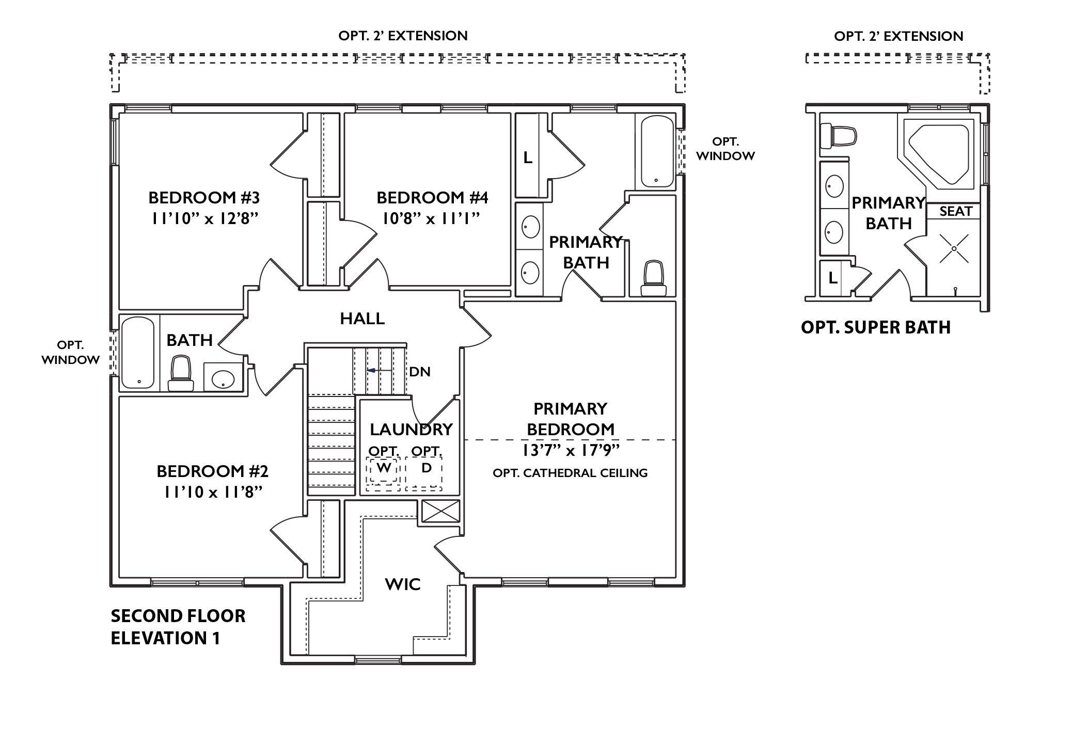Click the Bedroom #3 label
204,198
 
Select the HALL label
362,319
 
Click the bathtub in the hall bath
138,353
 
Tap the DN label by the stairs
419,372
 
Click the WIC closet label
403,584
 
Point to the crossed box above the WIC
440,511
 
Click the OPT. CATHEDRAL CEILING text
570,473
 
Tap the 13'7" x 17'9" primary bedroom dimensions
571,451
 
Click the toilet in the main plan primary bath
653,279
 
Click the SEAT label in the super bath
955,211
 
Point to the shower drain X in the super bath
954,249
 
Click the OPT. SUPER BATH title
875,327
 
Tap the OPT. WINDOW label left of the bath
70,353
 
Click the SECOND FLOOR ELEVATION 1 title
178,627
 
